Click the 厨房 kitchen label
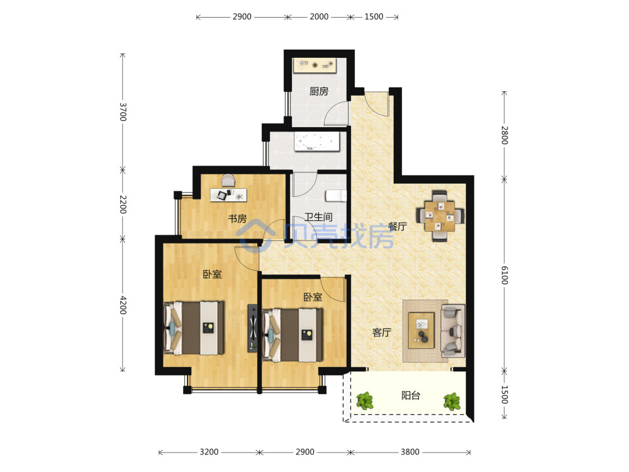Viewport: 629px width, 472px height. (x=319, y=91)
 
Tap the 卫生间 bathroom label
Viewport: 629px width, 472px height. (x=318, y=217)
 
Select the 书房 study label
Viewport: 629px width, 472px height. (x=238, y=219)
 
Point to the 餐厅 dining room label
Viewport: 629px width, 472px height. (x=398, y=227)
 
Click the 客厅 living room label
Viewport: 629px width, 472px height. (x=382, y=332)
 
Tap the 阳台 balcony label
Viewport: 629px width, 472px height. (x=411, y=396)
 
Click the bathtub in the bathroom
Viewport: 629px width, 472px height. (x=317, y=142)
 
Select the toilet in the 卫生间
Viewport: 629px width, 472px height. (x=336, y=196)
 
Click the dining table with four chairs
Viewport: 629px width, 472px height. (x=440, y=216)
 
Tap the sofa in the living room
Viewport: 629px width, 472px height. (x=454, y=331)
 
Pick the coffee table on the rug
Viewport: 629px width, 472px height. (x=421, y=330)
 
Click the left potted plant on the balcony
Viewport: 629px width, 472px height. (x=365, y=400)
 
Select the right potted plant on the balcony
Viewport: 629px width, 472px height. (x=452, y=402)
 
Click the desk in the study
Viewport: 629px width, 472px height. (x=229, y=195)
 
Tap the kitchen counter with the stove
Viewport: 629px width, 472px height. (x=315, y=65)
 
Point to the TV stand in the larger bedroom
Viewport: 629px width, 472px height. (x=252, y=329)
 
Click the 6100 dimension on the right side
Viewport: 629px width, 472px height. (x=504, y=276)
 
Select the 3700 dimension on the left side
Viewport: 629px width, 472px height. (x=123, y=112)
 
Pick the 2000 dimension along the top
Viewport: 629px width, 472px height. (x=319, y=17)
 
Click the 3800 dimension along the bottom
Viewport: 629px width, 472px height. (x=410, y=452)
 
